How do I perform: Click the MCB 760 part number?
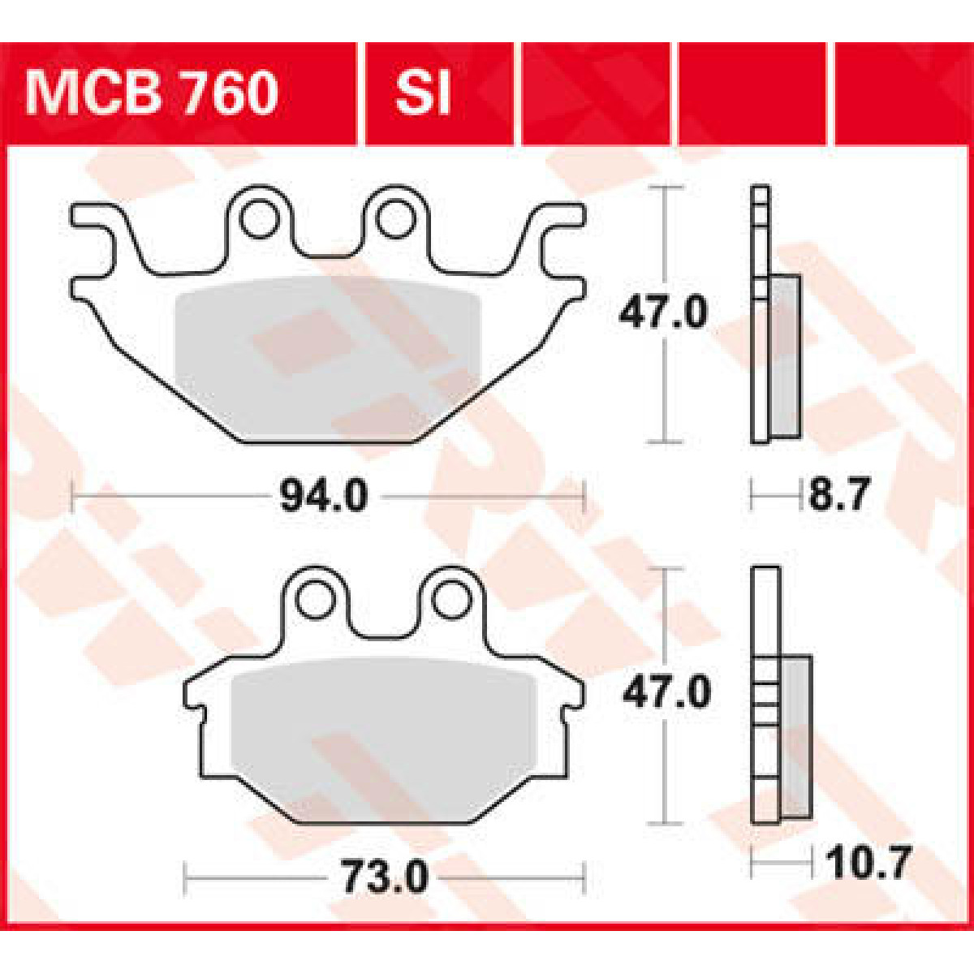tap(152, 93)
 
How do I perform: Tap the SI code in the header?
tap(422, 93)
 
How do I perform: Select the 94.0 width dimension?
tap(323, 496)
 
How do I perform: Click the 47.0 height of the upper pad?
tap(663, 313)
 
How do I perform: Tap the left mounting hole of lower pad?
tap(313, 600)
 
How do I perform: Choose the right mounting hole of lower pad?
tap(450, 600)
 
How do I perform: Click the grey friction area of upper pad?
tap(329, 357)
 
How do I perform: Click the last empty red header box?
tap(901, 93)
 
